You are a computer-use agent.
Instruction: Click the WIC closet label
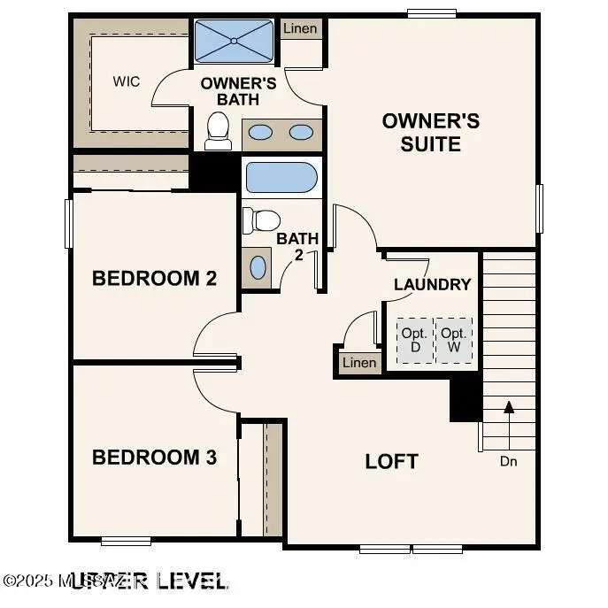(127, 81)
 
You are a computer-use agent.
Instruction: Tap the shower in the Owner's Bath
(234, 41)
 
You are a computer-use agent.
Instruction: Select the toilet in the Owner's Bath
(218, 130)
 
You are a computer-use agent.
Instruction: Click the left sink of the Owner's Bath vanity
(260, 133)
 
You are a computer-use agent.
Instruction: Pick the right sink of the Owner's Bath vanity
(302, 133)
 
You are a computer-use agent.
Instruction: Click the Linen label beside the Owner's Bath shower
(301, 28)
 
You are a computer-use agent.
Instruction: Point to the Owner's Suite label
(430, 132)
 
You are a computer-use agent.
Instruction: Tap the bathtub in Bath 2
(281, 178)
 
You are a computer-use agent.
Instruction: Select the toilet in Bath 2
(261, 220)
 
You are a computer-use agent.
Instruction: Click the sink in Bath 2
(258, 266)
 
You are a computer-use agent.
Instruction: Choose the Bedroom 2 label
(155, 279)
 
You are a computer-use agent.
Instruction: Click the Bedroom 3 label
(155, 458)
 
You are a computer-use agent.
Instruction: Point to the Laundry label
(432, 284)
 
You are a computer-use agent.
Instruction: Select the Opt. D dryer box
(414, 340)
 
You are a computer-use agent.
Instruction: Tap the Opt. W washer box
(454, 340)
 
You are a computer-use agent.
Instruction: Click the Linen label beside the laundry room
(358, 363)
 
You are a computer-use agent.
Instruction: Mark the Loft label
(391, 461)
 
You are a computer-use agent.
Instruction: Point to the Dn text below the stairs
(508, 461)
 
